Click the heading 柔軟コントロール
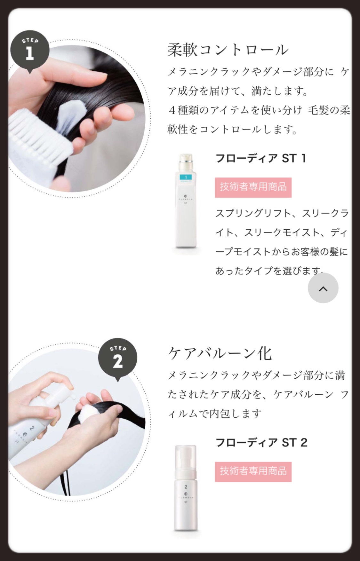(228, 50)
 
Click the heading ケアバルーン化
(220, 353)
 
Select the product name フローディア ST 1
(261, 158)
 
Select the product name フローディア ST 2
(261, 442)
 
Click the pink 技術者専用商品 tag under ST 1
(253, 187)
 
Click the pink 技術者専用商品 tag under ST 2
(253, 471)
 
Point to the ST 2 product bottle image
(186, 488)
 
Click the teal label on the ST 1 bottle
(186, 178)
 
